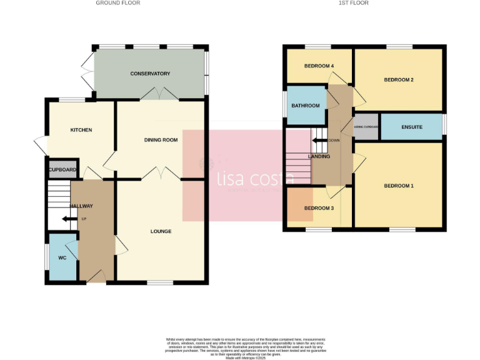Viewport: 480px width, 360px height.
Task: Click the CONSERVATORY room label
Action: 150,74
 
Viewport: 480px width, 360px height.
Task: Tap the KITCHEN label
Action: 81,130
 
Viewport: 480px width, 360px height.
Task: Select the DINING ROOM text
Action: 161,140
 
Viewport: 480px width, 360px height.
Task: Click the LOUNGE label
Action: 161,231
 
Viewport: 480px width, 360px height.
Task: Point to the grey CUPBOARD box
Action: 62,169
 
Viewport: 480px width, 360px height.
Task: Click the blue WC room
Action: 62,257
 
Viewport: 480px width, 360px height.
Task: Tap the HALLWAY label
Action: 81,206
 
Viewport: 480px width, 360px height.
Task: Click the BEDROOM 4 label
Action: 319,66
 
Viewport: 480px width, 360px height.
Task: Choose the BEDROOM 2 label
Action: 399,80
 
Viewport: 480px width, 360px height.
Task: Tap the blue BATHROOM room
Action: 306,106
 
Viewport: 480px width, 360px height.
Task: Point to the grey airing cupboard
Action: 366,127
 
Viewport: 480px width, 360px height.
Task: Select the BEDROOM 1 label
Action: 399,186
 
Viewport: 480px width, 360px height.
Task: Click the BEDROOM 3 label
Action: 319,208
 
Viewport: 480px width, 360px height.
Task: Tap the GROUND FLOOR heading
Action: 117,3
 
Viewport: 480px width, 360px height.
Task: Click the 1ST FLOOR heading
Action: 354,3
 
